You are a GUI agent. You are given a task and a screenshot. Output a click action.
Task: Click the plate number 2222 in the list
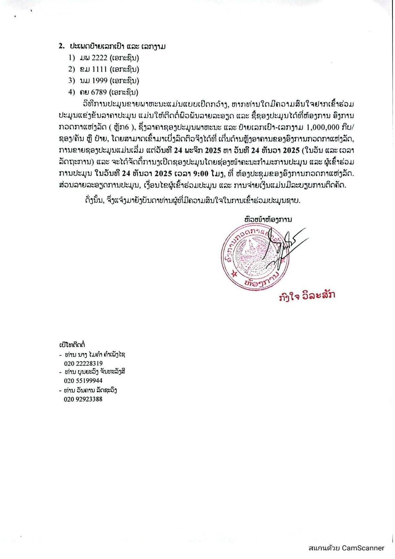(x=99, y=58)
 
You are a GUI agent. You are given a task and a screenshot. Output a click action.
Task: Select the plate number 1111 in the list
(x=99, y=69)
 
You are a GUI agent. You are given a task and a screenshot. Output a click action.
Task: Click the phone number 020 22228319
(x=83, y=363)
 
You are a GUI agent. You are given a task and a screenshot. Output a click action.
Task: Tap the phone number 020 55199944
(x=83, y=380)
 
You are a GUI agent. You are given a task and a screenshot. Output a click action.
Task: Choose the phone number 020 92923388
(x=83, y=399)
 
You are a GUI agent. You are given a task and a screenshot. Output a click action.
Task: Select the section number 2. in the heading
(x=62, y=46)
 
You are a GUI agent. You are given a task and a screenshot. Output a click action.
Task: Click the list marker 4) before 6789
(x=72, y=92)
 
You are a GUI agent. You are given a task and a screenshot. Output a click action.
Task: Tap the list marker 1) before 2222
(x=72, y=58)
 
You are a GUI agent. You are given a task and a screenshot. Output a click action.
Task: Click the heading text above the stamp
(x=268, y=219)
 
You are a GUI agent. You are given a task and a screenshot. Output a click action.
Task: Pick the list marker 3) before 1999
(x=72, y=81)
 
